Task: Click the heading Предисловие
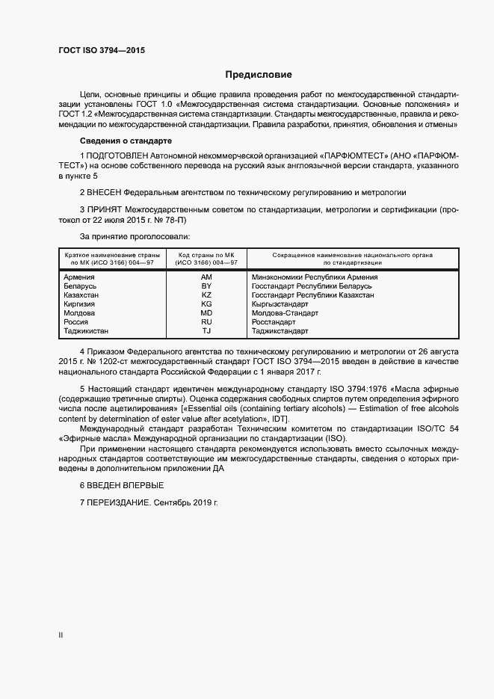click(259, 75)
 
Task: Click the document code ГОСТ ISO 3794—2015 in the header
click(102, 50)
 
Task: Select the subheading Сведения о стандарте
click(126, 141)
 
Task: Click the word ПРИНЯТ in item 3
click(105, 210)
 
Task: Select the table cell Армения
click(80, 277)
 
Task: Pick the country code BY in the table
click(206, 286)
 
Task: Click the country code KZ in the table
click(206, 295)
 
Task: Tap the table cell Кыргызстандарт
click(280, 304)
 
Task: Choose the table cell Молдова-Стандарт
click(285, 313)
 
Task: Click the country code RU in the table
click(206, 322)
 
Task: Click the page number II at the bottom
click(61, 636)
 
